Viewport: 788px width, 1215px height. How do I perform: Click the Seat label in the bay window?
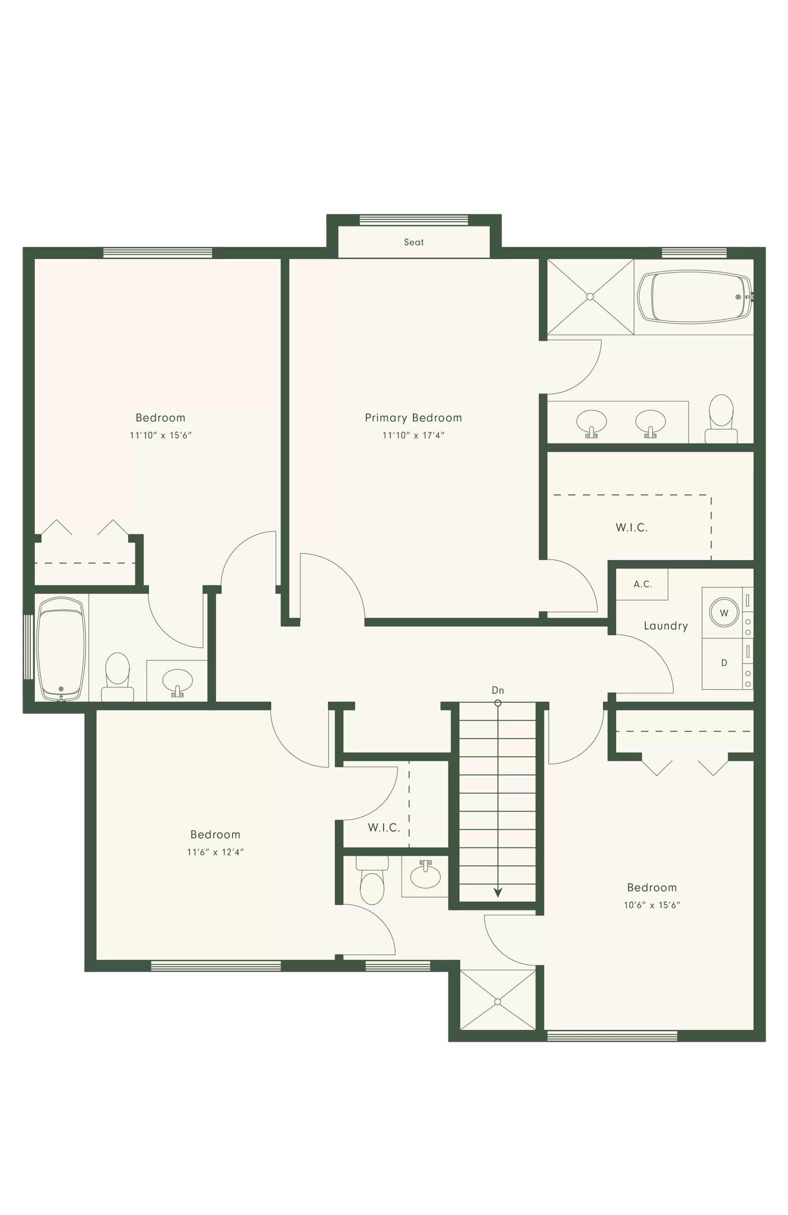click(413, 242)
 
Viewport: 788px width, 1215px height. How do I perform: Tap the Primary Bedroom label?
click(413, 418)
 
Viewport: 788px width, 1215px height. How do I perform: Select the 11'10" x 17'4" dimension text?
click(413, 435)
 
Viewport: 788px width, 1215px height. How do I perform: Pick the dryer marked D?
click(723, 663)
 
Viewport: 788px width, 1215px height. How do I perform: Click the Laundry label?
click(666, 626)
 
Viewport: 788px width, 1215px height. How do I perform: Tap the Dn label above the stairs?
click(498, 690)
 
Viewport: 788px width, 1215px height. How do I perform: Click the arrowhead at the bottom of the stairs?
click(498, 892)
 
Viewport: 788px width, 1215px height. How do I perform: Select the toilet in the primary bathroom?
click(721, 419)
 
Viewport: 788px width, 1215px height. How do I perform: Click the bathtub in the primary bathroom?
click(695, 297)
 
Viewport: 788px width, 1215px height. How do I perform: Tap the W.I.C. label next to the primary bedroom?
click(631, 528)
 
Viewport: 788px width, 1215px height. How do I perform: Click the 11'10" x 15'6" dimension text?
click(160, 435)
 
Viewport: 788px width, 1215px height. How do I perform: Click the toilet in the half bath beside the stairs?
click(372, 879)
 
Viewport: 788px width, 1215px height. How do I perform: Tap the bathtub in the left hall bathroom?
click(61, 649)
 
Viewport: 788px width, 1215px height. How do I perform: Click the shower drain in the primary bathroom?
click(590, 297)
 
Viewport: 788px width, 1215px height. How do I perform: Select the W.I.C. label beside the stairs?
click(384, 828)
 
